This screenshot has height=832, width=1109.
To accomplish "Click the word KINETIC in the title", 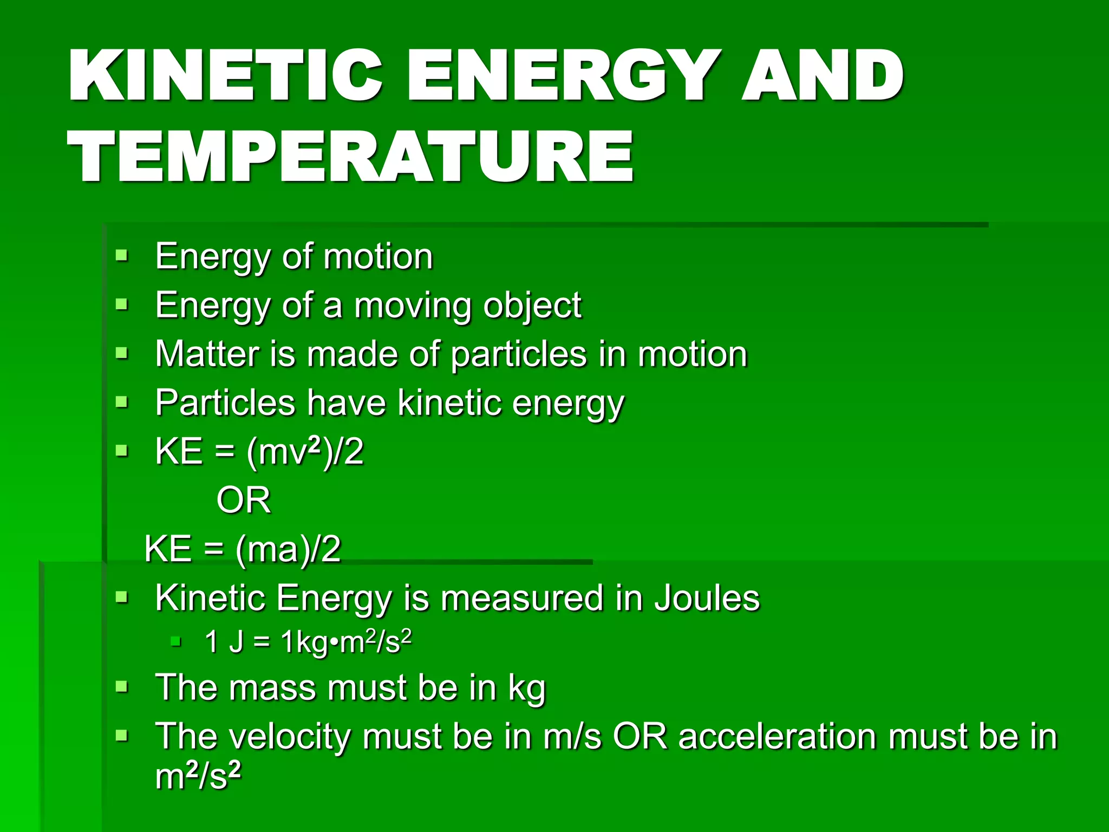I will [225, 76].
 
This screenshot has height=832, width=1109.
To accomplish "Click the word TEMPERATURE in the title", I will [350, 157].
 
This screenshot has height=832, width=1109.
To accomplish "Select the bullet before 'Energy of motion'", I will [122, 255].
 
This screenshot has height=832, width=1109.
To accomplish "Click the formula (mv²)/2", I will [305, 451].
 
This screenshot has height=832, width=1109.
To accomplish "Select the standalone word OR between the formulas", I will [244, 500].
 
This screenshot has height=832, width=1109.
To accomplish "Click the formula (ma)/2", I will [288, 549].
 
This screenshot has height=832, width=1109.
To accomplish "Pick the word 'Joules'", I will [707, 598].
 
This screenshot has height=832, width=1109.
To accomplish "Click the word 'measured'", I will [521, 598].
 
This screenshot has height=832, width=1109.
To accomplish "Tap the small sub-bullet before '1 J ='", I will [175, 642].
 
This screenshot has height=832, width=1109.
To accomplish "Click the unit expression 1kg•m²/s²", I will [347, 642].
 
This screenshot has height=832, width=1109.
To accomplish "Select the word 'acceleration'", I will [778, 737].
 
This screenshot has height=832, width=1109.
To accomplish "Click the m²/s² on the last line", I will [198, 776].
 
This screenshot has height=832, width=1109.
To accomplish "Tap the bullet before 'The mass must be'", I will [122, 687].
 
